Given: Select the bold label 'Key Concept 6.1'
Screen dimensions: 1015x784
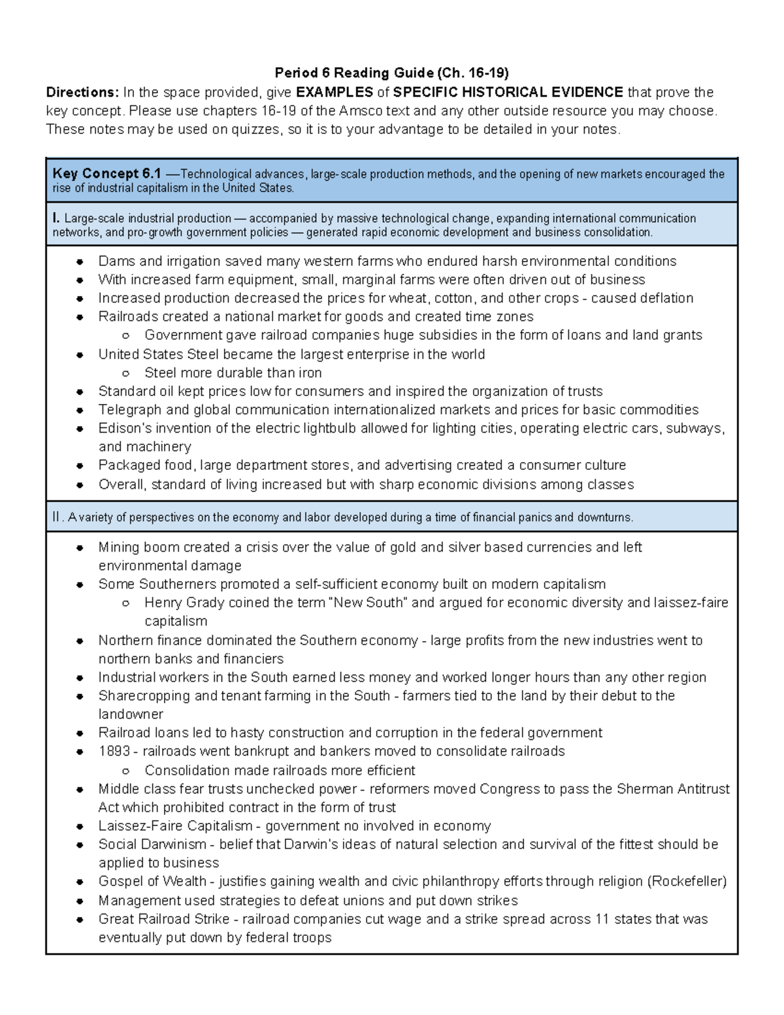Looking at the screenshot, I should click(106, 174).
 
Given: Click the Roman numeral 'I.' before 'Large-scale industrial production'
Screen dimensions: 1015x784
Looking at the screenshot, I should click(56, 218).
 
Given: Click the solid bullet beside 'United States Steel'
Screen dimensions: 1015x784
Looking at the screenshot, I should click(80, 355).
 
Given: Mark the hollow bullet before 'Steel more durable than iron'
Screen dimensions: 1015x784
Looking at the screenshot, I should click(126, 373).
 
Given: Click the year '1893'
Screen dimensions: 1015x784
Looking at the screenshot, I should click(114, 751).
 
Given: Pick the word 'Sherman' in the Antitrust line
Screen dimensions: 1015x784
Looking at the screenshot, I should click(642, 789).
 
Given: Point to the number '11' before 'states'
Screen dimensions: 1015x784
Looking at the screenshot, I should click(602, 919).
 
